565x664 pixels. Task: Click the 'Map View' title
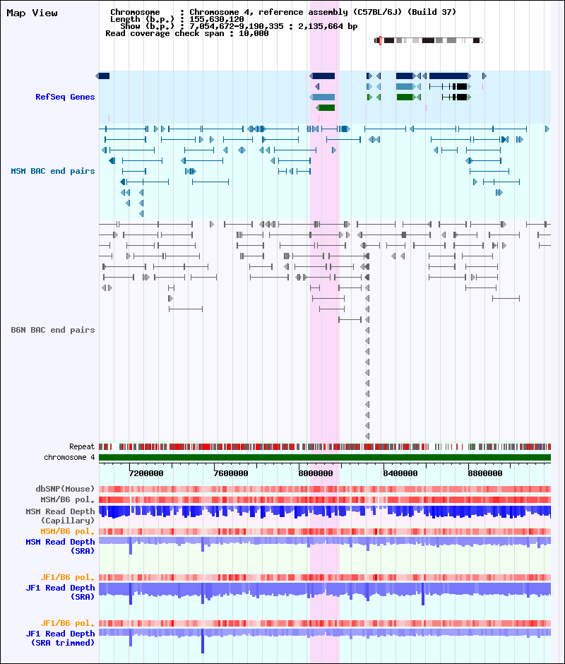[x=32, y=13]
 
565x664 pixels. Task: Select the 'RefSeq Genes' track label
[x=65, y=97]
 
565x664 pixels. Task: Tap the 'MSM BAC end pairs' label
[x=53, y=171]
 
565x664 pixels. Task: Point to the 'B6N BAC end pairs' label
[x=53, y=330]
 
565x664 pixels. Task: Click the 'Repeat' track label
[x=82, y=446]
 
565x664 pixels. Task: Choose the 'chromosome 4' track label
[x=69, y=457]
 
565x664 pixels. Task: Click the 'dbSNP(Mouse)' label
[x=65, y=489]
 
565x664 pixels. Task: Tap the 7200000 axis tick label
[x=146, y=473]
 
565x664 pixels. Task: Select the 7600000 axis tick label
[x=231, y=473]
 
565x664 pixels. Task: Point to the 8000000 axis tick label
[x=316, y=473]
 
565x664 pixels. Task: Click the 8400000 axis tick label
[x=400, y=473]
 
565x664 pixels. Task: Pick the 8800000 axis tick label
[x=485, y=473]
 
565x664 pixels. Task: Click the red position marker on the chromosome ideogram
[x=380, y=41]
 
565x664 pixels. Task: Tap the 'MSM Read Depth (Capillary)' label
[x=60, y=516]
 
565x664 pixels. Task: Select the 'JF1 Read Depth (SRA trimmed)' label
[x=60, y=638]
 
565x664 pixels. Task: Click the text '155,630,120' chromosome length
[x=216, y=20]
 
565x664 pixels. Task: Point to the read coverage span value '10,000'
[x=254, y=33]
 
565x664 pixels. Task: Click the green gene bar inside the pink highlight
[x=326, y=107]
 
